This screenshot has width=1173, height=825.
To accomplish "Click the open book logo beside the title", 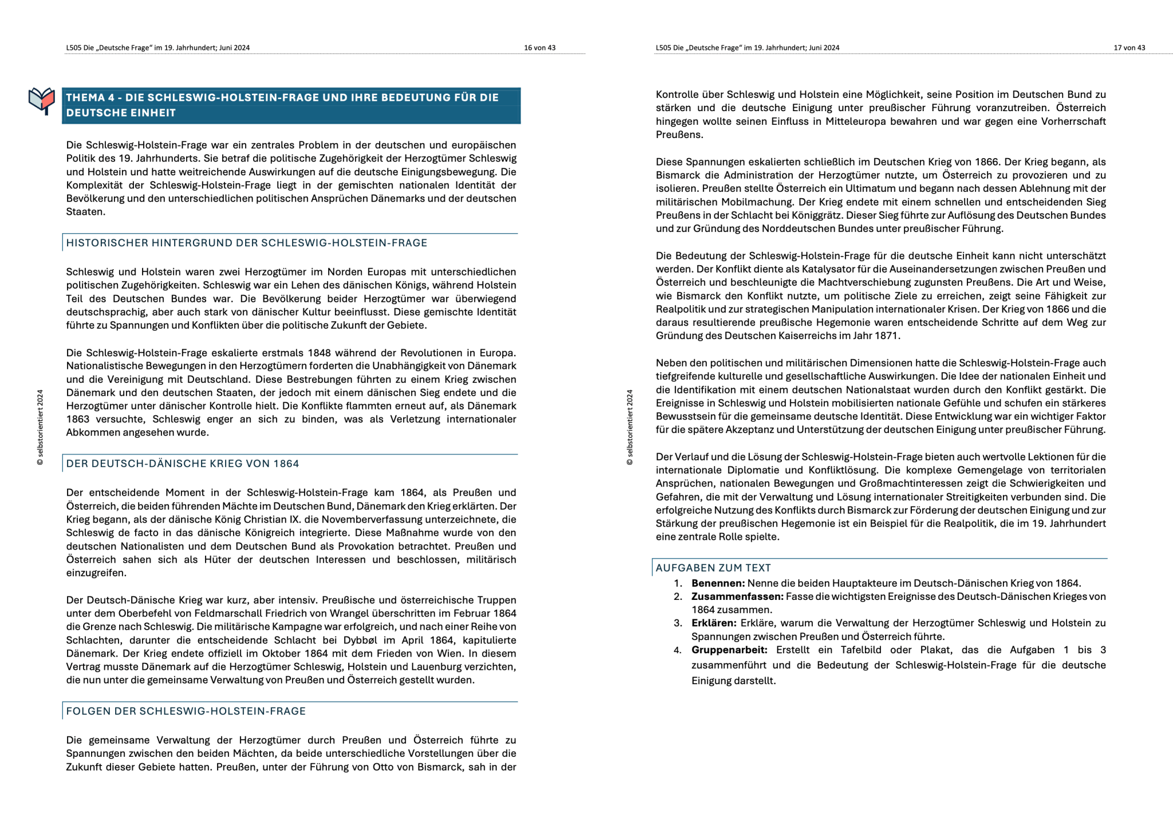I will pos(42,101).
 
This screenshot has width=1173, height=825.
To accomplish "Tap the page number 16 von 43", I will pos(540,48).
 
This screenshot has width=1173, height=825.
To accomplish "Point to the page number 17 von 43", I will pos(1129,48).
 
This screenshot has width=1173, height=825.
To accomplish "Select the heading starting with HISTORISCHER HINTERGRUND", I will pos(246,243).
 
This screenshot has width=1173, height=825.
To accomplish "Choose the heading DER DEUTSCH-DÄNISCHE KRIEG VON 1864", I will pos(182,463).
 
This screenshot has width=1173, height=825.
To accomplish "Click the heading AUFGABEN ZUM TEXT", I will pos(713,568).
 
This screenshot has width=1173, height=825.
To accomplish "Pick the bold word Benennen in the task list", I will pos(718,583).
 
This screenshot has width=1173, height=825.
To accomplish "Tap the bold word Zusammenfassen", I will pos(738,596).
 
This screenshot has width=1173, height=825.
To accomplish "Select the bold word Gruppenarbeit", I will pos(729,650).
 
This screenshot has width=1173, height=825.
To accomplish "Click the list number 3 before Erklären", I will pos(678,623).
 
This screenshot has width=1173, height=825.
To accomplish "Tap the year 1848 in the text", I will pos(319,353).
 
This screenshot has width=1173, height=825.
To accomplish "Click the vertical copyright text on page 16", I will pos(40,427).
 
